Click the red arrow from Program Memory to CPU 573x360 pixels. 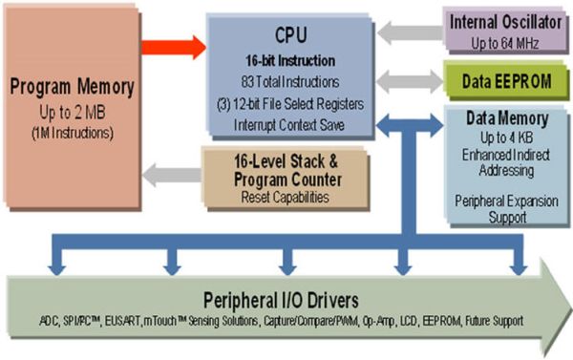[173, 44]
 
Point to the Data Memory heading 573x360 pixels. [505, 119]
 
